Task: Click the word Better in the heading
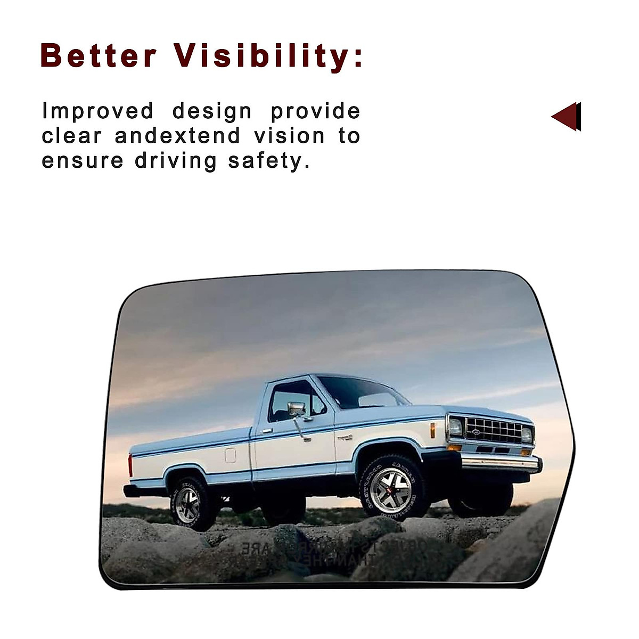coord(99,56)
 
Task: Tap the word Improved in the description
coord(98,112)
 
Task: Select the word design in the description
coord(212,111)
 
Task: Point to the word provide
coord(315,112)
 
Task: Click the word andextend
coord(177,136)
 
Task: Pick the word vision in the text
coord(289,136)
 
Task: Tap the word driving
coord(176,161)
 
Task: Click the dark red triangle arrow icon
coord(566,116)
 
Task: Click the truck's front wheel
coord(391,488)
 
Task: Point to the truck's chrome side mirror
coord(297,409)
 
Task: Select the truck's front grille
coord(493,430)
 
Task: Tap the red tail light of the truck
coord(130,465)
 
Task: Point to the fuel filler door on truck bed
coord(230,455)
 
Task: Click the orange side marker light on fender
coord(432,430)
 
